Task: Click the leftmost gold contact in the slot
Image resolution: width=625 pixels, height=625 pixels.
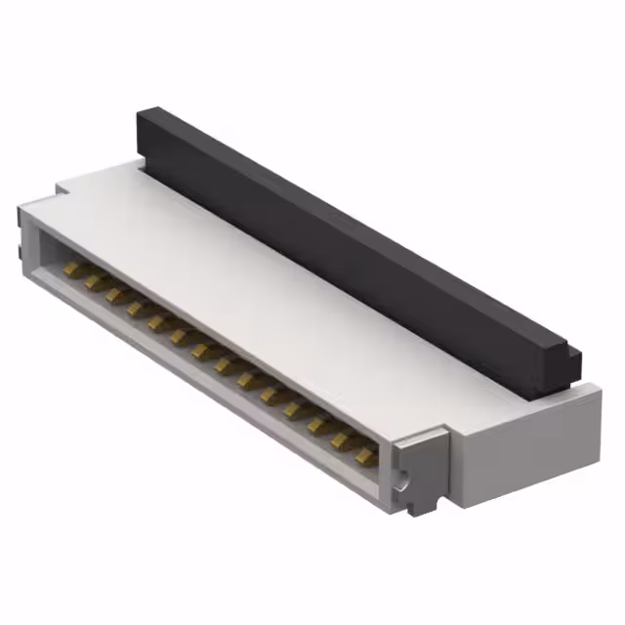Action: click(x=71, y=266)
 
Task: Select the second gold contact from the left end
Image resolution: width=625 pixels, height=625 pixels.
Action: click(x=94, y=280)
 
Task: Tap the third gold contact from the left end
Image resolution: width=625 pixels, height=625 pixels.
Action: click(x=115, y=295)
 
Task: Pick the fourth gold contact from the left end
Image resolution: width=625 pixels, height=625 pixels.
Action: click(x=137, y=308)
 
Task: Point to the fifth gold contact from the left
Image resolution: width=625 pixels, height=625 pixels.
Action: click(x=158, y=321)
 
